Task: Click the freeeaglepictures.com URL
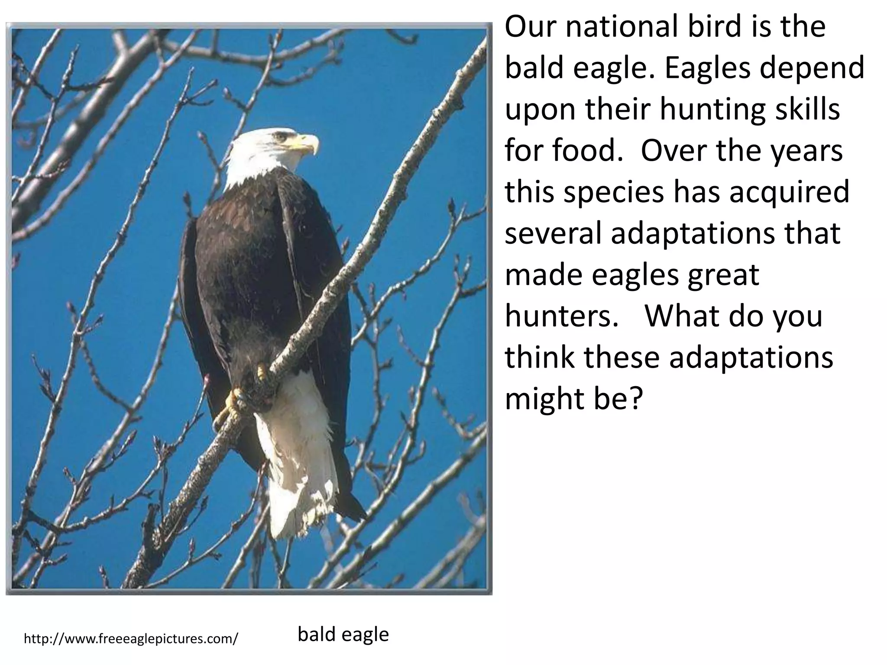(131, 639)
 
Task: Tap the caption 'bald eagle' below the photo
(343, 635)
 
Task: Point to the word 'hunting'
(706, 110)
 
